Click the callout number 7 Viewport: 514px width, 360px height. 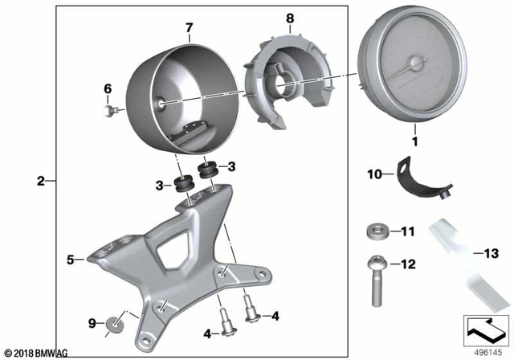189,28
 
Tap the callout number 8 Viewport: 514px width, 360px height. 289,16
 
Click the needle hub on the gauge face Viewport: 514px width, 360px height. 414,63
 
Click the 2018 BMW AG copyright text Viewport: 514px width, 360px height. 35,352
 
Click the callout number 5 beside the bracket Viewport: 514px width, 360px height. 70,260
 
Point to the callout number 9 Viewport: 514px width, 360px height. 92,323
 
